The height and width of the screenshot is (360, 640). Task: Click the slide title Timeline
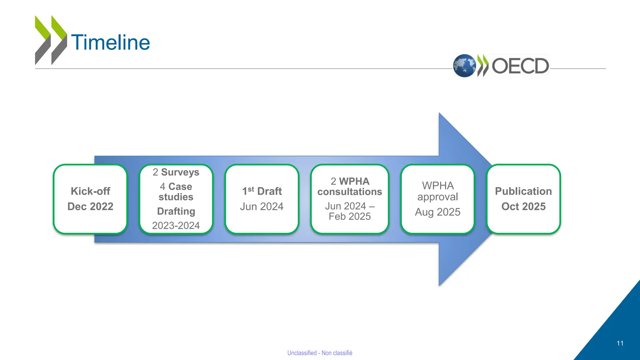(110, 42)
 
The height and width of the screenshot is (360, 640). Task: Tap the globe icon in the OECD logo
(464, 66)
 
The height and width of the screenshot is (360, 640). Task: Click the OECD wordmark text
(520, 66)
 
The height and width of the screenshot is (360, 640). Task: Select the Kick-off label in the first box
(90, 191)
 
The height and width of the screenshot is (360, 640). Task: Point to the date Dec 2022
(90, 206)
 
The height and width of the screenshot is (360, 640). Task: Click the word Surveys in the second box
(180, 172)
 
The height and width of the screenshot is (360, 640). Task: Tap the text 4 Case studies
(176, 192)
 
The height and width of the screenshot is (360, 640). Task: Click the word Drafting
(176, 211)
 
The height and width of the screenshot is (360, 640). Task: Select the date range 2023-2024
(176, 225)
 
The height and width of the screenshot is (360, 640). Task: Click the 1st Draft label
(262, 191)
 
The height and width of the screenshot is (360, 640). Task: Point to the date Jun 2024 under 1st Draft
(262, 206)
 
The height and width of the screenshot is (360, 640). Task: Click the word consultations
(350, 192)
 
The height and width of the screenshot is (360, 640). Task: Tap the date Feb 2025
(350, 216)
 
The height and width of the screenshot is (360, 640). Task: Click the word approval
(437, 197)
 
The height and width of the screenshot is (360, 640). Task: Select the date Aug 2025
(437, 212)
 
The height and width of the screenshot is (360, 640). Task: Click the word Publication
(523, 191)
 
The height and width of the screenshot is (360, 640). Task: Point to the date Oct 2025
(523, 206)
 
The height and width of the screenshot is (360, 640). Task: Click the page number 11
(620, 343)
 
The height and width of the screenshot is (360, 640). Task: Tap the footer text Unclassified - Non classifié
(320, 353)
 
